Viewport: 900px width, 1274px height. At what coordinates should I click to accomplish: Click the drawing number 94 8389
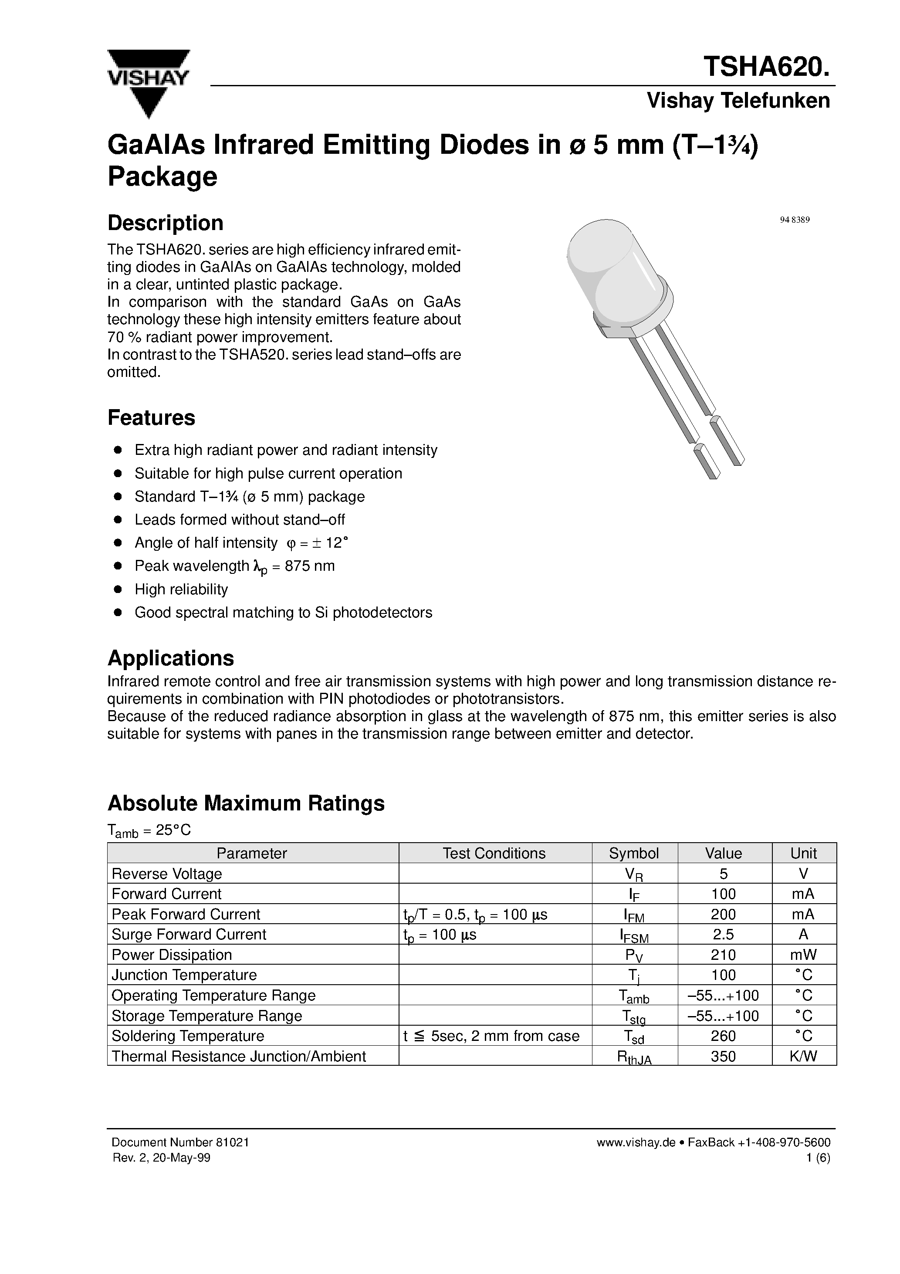pos(795,220)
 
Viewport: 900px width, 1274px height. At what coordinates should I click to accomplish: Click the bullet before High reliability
pos(117,589)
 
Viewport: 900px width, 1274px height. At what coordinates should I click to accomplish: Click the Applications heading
pos(170,658)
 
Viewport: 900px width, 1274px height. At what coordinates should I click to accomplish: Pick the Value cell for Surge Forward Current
pos(723,935)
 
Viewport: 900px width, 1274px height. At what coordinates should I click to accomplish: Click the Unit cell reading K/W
pos(803,1056)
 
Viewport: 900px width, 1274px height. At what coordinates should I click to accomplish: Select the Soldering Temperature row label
pos(188,1036)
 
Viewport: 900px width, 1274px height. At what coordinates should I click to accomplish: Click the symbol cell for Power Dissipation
pos(634,955)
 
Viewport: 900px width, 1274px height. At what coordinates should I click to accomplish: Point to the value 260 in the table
pos(723,1036)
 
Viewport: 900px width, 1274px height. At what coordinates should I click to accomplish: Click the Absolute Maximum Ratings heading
pos(245,803)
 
